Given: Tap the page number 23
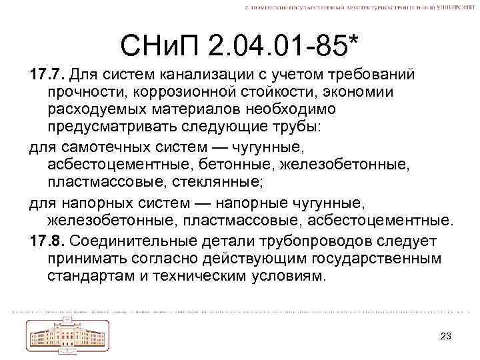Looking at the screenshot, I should tap(447, 335).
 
